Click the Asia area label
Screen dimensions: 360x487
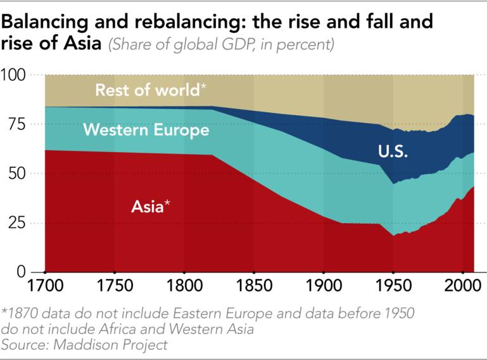tap(150, 206)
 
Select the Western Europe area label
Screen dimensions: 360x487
tap(146, 131)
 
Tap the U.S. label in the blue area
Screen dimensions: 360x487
tap(393, 151)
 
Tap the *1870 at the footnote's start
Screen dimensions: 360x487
tap(19, 314)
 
